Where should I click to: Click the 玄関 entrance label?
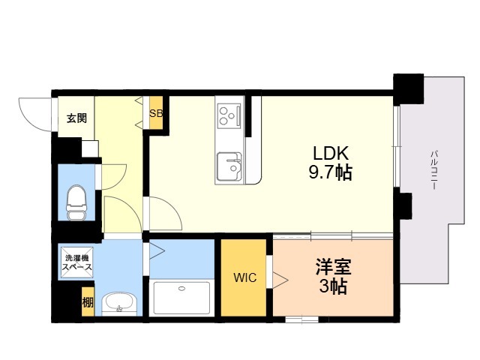76,118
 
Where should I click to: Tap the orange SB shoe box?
156,112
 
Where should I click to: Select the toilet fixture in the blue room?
76,202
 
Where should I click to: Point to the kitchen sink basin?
229,166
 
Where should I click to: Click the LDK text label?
331,153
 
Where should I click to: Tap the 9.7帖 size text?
330,172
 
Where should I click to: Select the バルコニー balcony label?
433,170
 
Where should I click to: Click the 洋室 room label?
334,267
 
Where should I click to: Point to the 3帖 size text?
333,286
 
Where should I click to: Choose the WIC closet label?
245,277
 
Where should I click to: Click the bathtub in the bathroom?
181,298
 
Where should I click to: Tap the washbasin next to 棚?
118,303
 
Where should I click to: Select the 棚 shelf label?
88,302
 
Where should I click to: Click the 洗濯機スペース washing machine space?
76,262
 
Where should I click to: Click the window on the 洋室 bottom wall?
301,319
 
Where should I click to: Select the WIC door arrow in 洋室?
280,280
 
